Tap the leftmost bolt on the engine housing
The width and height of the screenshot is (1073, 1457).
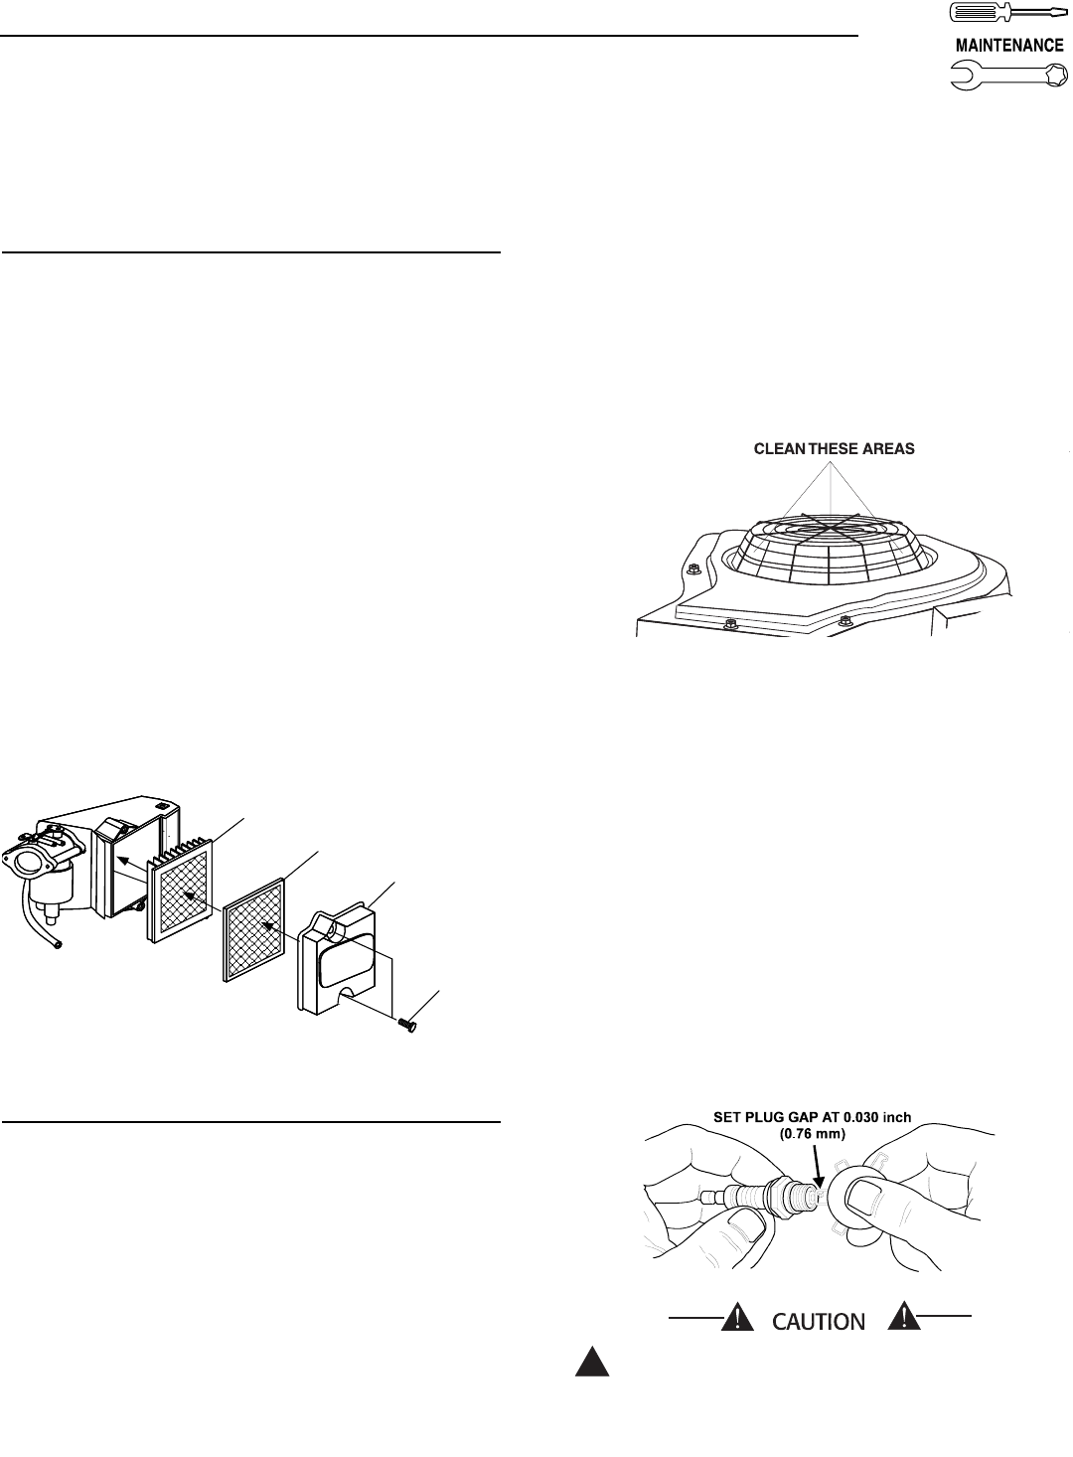coord(696,569)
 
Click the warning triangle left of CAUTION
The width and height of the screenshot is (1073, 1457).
coord(736,1318)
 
